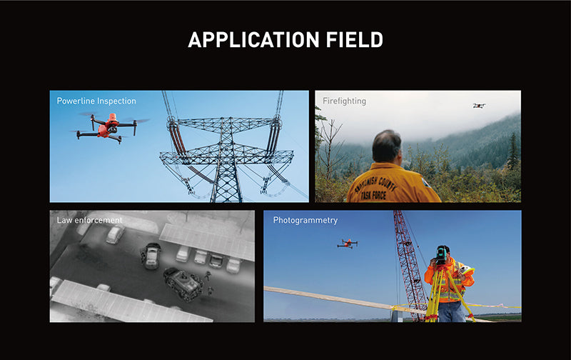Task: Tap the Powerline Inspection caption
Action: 96,101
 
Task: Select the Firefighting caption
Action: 344,101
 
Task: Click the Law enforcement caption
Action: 89,220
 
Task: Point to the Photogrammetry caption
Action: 305,220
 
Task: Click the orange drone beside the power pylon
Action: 108,126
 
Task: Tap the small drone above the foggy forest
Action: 478,106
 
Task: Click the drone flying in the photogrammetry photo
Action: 348,244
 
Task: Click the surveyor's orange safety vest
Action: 450,282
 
